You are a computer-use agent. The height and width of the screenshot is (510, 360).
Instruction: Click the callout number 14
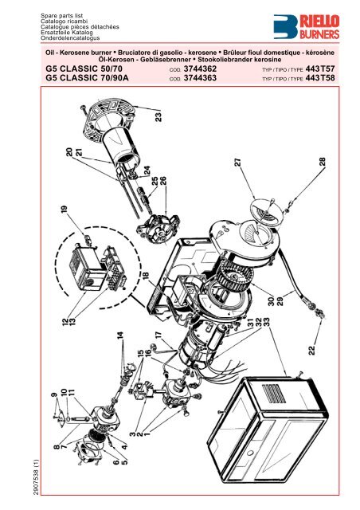[121, 339]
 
